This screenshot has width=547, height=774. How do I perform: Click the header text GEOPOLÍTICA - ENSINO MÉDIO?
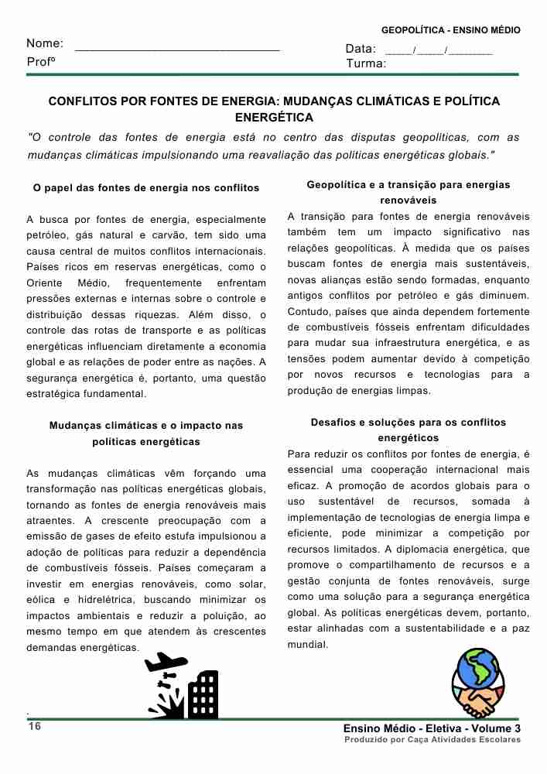coord(450,30)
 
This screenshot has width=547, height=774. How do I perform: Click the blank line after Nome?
coord(177,48)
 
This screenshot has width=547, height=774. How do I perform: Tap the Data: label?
coord(361,49)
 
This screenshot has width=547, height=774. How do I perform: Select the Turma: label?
coord(366,63)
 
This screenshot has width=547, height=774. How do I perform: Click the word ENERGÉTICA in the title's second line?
coord(274,118)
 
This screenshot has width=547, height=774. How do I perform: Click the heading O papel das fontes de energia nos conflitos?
coord(146,188)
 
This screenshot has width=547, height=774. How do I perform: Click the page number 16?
coord(35,727)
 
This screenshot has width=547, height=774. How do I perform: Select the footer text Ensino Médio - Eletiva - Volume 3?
coord(432,728)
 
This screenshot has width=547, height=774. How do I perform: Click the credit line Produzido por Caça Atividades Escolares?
coord(432,740)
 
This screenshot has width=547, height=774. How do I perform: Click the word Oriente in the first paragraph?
coord(44,283)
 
